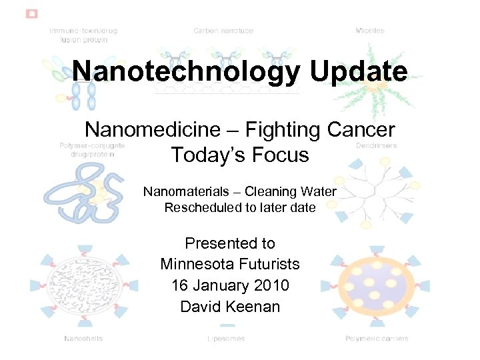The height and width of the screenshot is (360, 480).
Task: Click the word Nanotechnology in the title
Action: (186, 71)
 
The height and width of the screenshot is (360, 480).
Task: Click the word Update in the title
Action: (357, 71)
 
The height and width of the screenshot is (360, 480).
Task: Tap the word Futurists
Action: (273, 264)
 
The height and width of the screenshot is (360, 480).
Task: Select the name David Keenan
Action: (230, 307)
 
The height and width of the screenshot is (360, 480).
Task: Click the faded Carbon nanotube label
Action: (223, 31)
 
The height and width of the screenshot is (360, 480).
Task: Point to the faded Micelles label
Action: (369, 31)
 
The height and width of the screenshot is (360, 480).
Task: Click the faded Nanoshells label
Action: (83, 339)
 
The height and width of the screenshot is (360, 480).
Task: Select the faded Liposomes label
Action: (226, 339)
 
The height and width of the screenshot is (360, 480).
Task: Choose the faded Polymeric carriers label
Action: (377, 339)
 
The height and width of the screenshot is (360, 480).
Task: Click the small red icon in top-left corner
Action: (31, 13)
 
